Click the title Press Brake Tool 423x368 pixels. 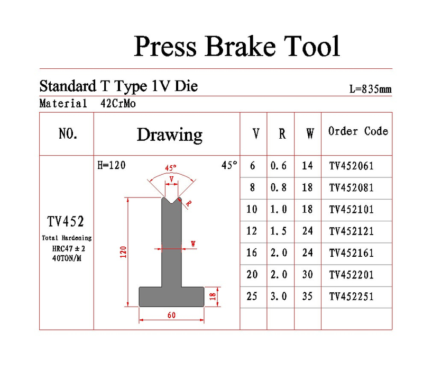tap(236, 46)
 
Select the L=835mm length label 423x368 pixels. tap(371, 89)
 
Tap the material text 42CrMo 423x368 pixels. tap(118, 103)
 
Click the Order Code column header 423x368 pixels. tap(358, 131)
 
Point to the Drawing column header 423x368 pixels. tap(170, 134)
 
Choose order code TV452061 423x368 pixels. tap(351, 166)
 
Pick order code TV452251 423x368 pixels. tap(351, 297)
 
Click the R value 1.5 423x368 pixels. tap(279, 231)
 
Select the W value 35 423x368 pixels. tap(307, 297)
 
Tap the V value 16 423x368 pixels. tap(252, 253)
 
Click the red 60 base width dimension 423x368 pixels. tap(171, 315)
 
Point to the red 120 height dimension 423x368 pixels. tap(123, 252)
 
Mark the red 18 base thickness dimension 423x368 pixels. tap(213, 297)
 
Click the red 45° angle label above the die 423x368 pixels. tap(170, 168)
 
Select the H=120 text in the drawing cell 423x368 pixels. tap(112, 165)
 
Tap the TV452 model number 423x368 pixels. tap(66, 221)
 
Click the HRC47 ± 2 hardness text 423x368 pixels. tap(69, 248)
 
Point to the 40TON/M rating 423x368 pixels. tap(67, 258)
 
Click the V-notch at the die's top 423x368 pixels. tap(171, 201)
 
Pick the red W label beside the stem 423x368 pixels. tap(193, 244)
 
